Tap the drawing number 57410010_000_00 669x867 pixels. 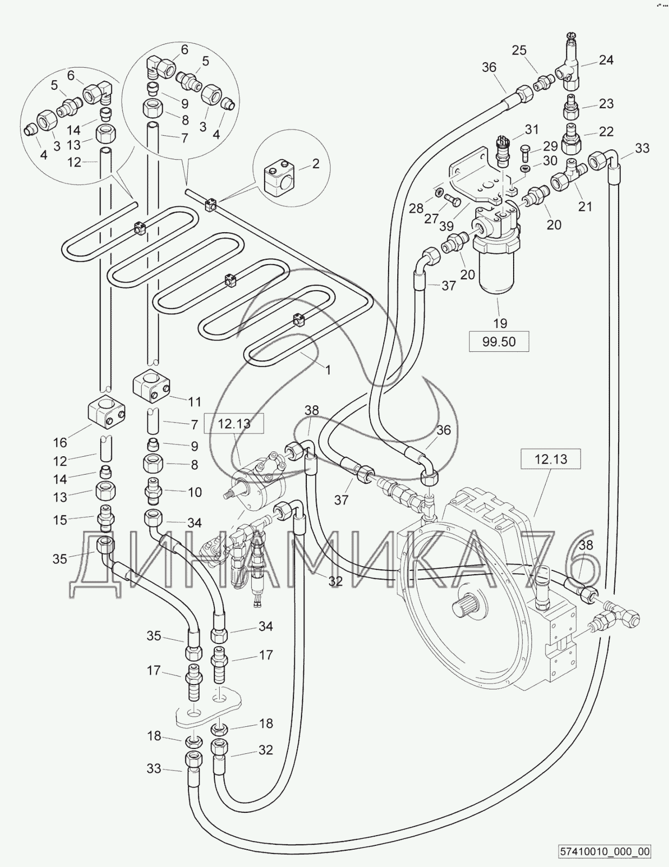coord(605,851)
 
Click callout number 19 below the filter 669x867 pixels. coord(500,323)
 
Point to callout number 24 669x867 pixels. coord(606,60)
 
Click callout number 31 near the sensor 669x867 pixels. coord(532,130)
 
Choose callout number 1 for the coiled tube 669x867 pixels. coord(327,370)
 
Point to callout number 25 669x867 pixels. coord(519,50)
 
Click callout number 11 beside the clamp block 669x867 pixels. coord(194,401)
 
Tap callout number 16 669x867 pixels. coord(60,442)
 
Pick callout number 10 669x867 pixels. coord(194,492)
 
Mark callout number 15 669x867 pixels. coord(60,520)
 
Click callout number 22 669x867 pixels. coord(606,131)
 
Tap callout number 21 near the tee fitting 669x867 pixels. coord(585,206)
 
